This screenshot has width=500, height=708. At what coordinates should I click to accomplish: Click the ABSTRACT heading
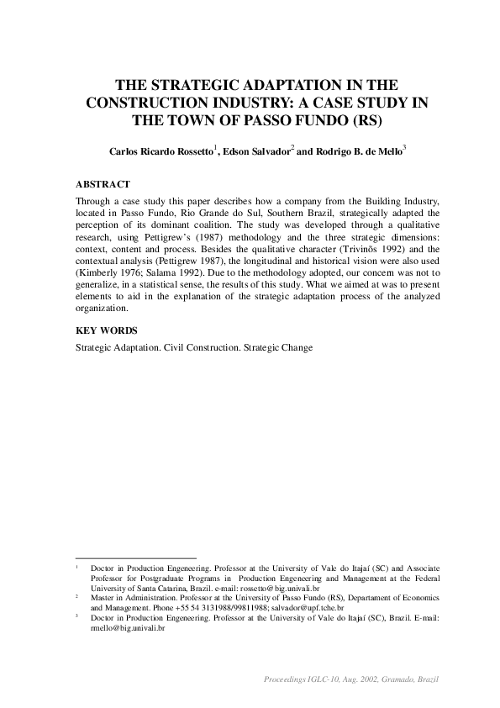[x=103, y=183]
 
